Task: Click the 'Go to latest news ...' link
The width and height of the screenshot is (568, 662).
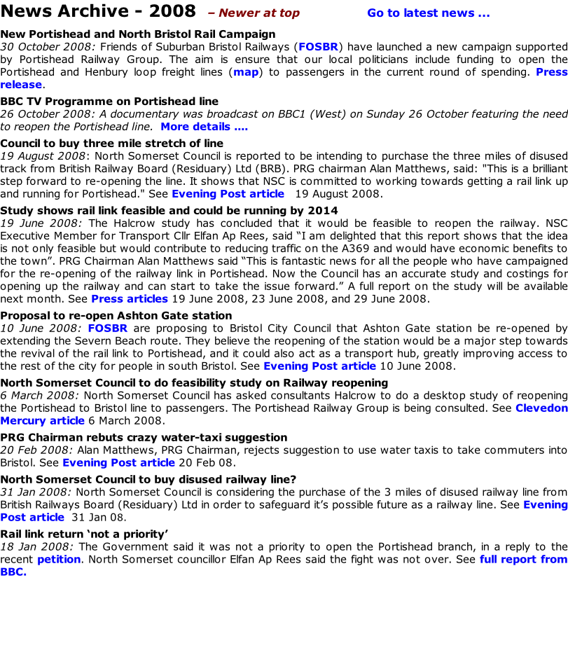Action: (x=429, y=13)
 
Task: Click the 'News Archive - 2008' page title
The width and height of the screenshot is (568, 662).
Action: (x=98, y=11)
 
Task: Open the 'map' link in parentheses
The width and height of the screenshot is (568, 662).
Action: (x=246, y=72)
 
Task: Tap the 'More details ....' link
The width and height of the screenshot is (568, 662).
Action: (x=205, y=127)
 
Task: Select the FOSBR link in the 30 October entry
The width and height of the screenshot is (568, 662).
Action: (x=319, y=47)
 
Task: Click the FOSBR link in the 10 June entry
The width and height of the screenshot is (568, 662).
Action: (x=108, y=329)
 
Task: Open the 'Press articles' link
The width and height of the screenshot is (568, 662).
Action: (x=130, y=299)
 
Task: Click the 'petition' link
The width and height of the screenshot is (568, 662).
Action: (x=59, y=560)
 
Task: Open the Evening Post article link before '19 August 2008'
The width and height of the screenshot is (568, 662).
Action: (x=228, y=194)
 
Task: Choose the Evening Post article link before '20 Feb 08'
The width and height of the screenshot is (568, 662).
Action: (x=118, y=463)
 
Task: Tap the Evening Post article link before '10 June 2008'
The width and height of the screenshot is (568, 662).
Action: (x=320, y=366)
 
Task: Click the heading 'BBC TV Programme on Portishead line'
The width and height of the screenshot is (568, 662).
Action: (x=109, y=102)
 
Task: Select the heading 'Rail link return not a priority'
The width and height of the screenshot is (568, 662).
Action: (x=85, y=534)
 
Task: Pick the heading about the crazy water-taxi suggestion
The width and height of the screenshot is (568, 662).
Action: (x=144, y=437)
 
